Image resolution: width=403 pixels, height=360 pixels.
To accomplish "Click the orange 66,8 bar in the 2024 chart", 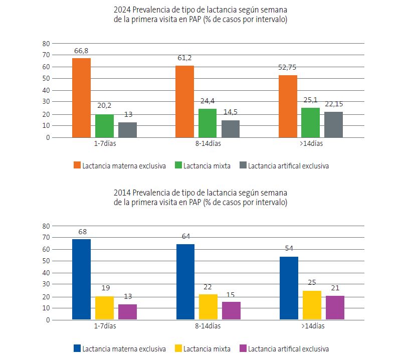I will point(81,98).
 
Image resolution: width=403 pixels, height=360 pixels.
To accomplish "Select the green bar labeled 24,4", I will point(208,123).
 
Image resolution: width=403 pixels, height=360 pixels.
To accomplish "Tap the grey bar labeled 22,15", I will point(333,124).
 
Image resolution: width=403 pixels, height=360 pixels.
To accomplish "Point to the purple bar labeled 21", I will point(335,307).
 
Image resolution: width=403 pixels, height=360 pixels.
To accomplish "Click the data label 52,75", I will point(288,69).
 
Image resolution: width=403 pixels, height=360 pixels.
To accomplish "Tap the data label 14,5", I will point(231,113).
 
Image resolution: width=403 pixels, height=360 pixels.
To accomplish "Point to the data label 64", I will point(184,236).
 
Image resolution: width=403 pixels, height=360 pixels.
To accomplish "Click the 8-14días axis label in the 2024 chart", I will point(208,143).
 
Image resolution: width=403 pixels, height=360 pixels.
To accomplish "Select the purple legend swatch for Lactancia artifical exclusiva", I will point(242,348).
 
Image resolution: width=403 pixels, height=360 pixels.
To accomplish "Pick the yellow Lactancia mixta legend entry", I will point(203,348).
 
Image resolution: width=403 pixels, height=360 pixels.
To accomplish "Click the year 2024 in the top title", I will point(121,10).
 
